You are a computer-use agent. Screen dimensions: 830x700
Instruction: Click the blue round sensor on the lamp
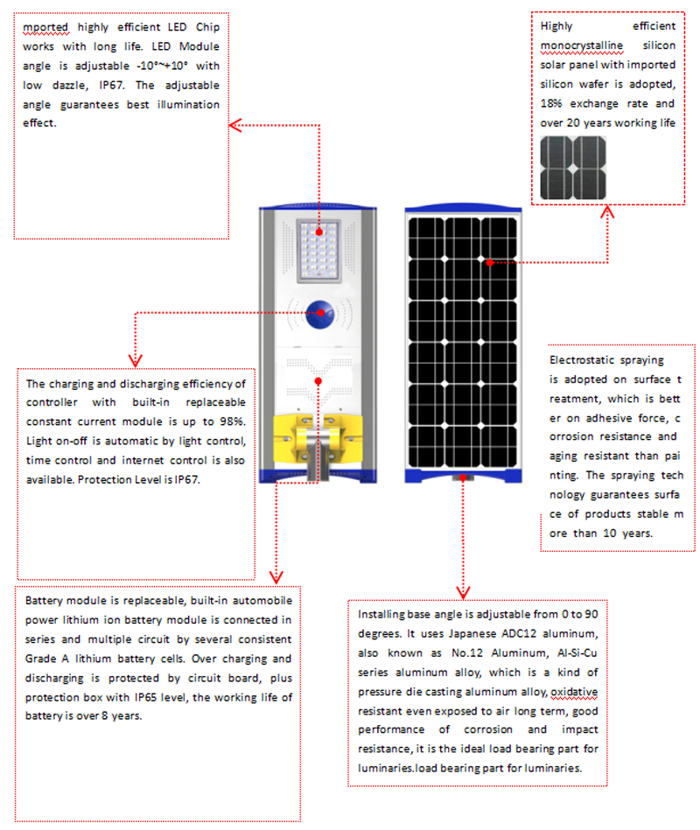(x=318, y=311)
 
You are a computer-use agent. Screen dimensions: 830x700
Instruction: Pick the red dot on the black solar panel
(x=490, y=262)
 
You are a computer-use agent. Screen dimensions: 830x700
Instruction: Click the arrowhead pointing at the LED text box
(x=234, y=126)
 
